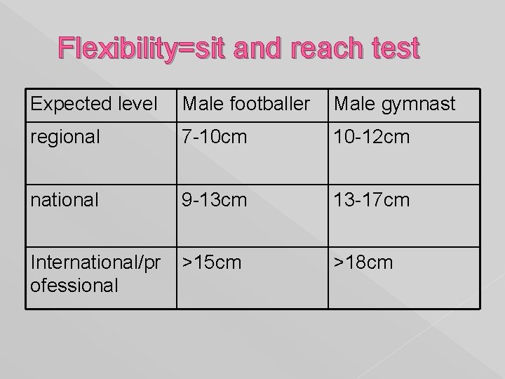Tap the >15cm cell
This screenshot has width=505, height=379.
pos(211,263)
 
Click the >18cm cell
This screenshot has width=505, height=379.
pos(363,263)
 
